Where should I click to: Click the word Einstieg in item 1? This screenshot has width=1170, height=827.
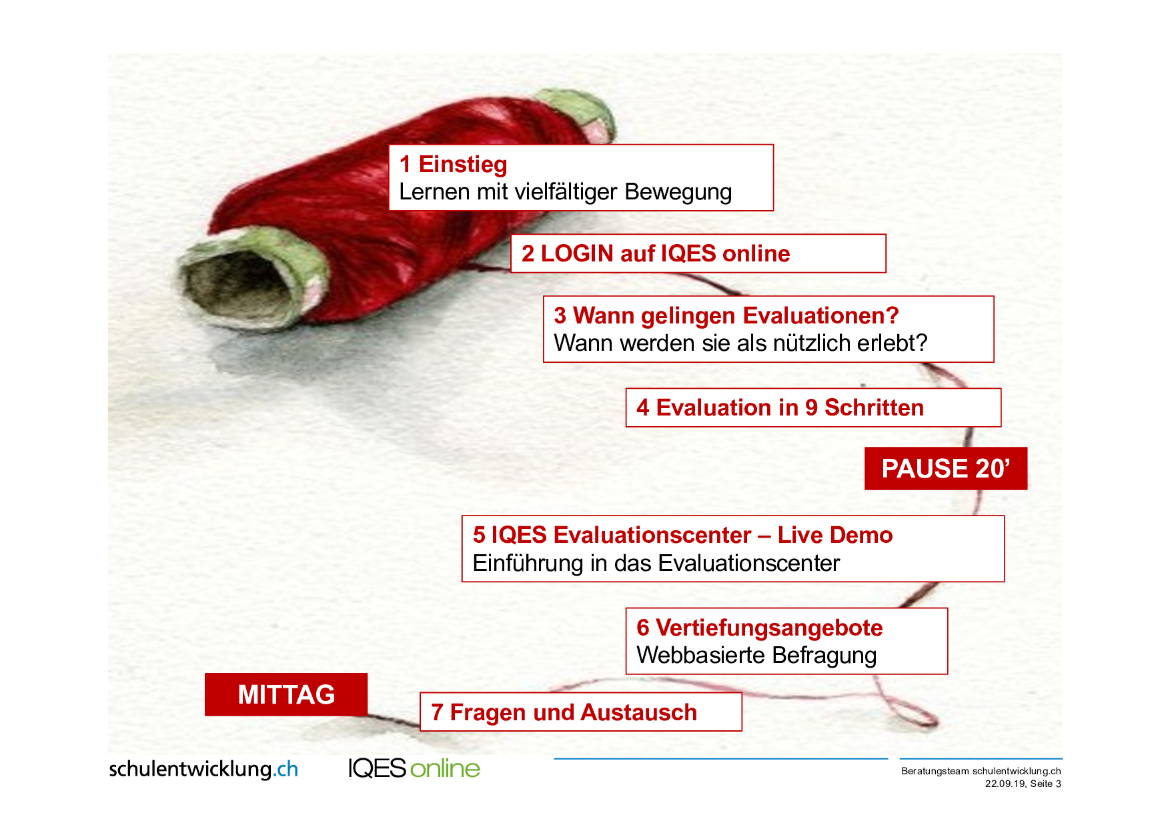463,165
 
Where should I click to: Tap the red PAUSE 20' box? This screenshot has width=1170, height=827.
946,468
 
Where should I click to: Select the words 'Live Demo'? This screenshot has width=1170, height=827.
835,535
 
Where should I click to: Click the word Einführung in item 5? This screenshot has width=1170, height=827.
528,564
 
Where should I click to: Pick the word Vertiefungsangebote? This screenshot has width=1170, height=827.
769,628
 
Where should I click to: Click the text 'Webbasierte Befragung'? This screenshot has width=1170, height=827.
756,656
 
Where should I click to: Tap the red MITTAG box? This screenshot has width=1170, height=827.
286,694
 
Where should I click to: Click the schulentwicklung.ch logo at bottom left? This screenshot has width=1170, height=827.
203,769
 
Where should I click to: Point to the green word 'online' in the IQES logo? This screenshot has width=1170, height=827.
445,768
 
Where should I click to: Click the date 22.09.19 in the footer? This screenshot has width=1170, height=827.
1005,784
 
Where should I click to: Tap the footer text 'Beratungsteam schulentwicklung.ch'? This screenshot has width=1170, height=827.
981,771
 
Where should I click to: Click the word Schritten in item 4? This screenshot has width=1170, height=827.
874,407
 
